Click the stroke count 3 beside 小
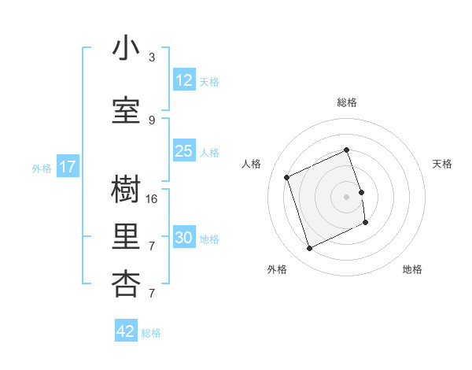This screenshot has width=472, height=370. [152, 57]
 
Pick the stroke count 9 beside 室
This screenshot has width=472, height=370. [152, 120]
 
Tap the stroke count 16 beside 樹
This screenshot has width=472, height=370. [152, 199]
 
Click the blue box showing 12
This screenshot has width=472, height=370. [184, 80]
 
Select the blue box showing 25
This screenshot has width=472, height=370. [184, 151]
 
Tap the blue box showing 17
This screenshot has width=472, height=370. [67, 167]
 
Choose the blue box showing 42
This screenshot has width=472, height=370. [126, 331]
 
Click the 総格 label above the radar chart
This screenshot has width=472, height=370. [347, 102]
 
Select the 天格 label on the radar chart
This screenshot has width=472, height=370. [442, 164]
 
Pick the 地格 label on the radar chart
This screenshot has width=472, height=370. [412, 269]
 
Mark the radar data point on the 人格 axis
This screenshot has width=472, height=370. [287, 177]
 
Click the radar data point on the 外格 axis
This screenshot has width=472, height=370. [309, 249]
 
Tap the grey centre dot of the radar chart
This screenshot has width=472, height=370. [346, 197]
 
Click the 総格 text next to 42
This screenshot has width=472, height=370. [151, 333]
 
